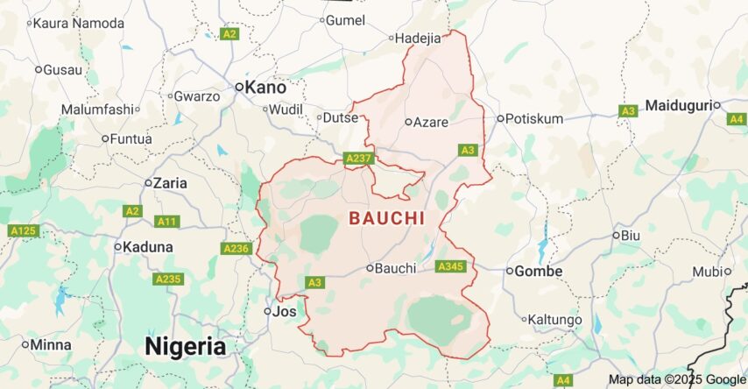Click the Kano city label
(x=265, y=87)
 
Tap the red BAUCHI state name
(x=386, y=219)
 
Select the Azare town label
(x=430, y=123)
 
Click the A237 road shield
(x=359, y=158)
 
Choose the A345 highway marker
(x=449, y=266)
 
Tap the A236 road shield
(x=236, y=249)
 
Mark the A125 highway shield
(x=24, y=230)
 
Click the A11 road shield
(x=166, y=221)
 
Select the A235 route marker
(x=167, y=279)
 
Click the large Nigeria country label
(x=185, y=346)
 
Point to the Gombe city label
(x=538, y=271)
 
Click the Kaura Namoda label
(x=78, y=23)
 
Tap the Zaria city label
(x=170, y=183)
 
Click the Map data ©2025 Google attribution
(x=677, y=379)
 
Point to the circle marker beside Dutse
(x=319, y=117)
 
